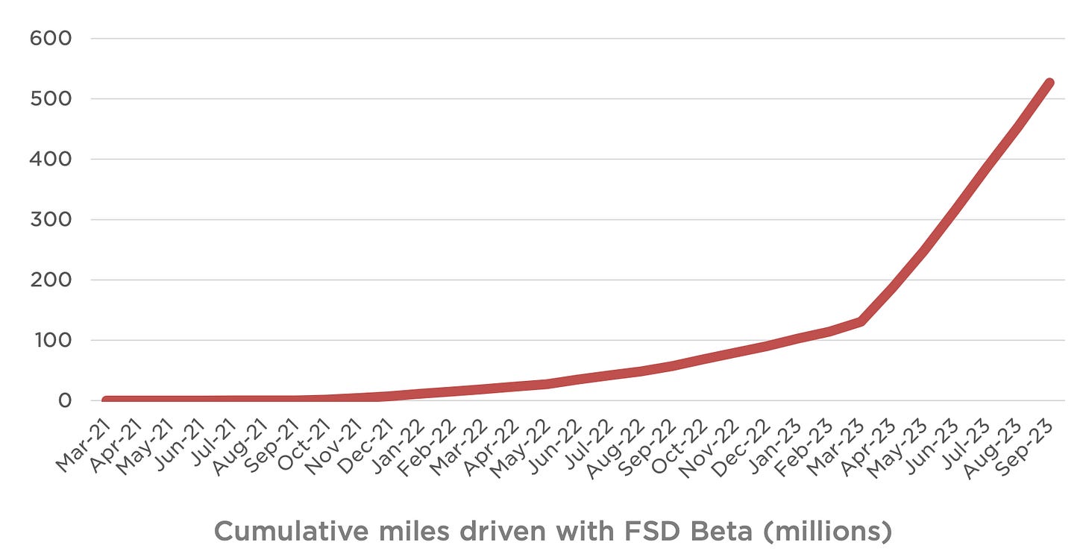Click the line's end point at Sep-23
(1049, 83)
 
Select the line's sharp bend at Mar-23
(860, 321)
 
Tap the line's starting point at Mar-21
(107, 400)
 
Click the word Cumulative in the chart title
(283, 532)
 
